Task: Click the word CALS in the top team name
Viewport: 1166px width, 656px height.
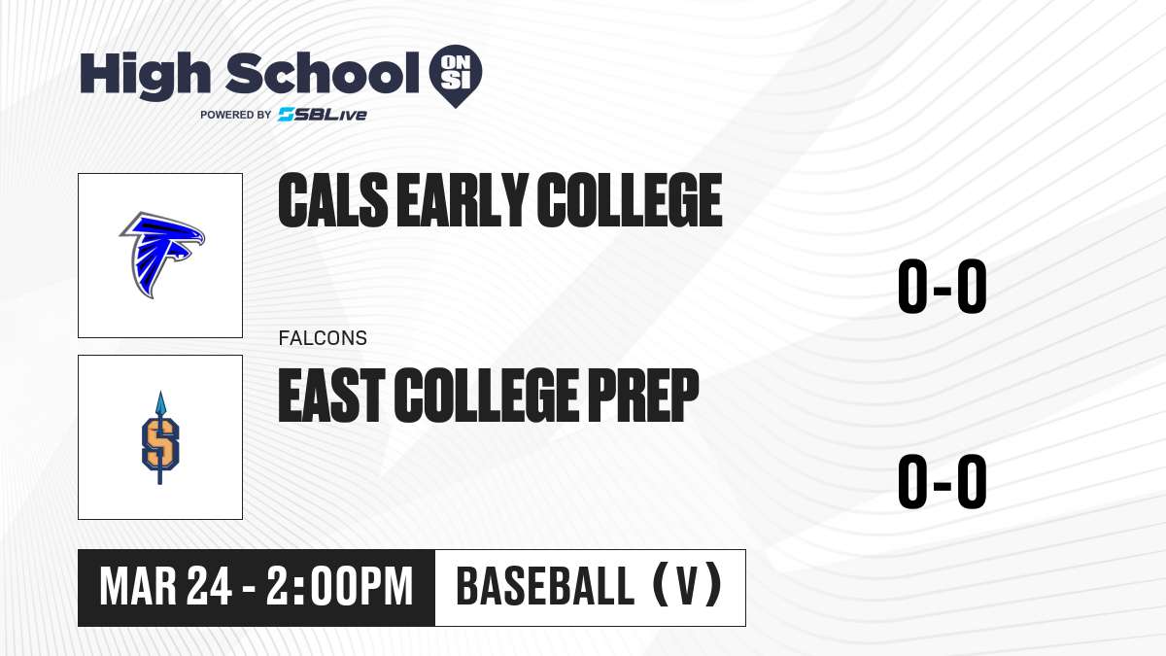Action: pyautogui.click(x=333, y=200)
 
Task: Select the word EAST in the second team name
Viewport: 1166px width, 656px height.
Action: pyautogui.click(x=331, y=396)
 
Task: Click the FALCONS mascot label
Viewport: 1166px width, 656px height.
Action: pyautogui.click(x=323, y=338)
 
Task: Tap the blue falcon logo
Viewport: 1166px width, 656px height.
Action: pyautogui.click(x=162, y=255)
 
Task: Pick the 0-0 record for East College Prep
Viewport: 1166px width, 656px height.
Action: pyautogui.click(x=943, y=481)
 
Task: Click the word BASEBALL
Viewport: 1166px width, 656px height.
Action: pyautogui.click(x=545, y=587)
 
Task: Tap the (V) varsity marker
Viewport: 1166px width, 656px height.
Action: pyautogui.click(x=687, y=586)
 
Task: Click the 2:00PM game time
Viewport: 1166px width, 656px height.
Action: pyautogui.click(x=339, y=587)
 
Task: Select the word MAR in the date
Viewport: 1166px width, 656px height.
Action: pyautogui.click(x=138, y=587)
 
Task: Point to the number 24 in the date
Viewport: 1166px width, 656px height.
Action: pyautogui.click(x=209, y=587)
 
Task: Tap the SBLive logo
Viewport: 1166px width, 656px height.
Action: pyautogui.click(x=323, y=115)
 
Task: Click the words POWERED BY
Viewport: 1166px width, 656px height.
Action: pyautogui.click(x=236, y=115)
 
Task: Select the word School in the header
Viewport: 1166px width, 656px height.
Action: pyautogui.click(x=323, y=73)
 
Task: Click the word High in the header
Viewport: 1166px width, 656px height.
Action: pyautogui.click(x=145, y=76)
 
